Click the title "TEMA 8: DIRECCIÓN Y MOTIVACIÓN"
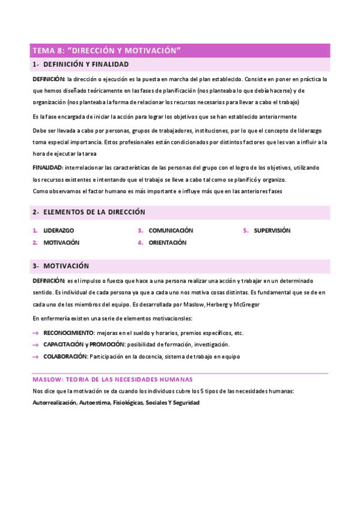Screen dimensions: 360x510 coord(107,51)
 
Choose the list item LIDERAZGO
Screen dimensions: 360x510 coord(59,230)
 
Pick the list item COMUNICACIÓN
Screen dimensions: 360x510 coord(171,230)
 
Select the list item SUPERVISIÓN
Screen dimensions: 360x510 coord(272,230)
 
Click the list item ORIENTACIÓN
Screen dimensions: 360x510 coord(168,243)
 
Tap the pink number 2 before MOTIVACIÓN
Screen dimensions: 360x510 coord(35,243)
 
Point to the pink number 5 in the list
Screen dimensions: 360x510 coord(246,230)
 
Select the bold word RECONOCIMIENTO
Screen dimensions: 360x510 coord(69,333)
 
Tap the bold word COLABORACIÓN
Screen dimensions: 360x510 coord(66,357)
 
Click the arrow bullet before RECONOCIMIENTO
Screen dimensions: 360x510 coord(35,333)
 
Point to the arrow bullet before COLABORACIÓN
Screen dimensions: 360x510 coord(35,357)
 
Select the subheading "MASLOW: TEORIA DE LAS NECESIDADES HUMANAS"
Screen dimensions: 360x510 coord(112,379)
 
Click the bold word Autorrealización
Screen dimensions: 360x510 coord(54,402)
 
